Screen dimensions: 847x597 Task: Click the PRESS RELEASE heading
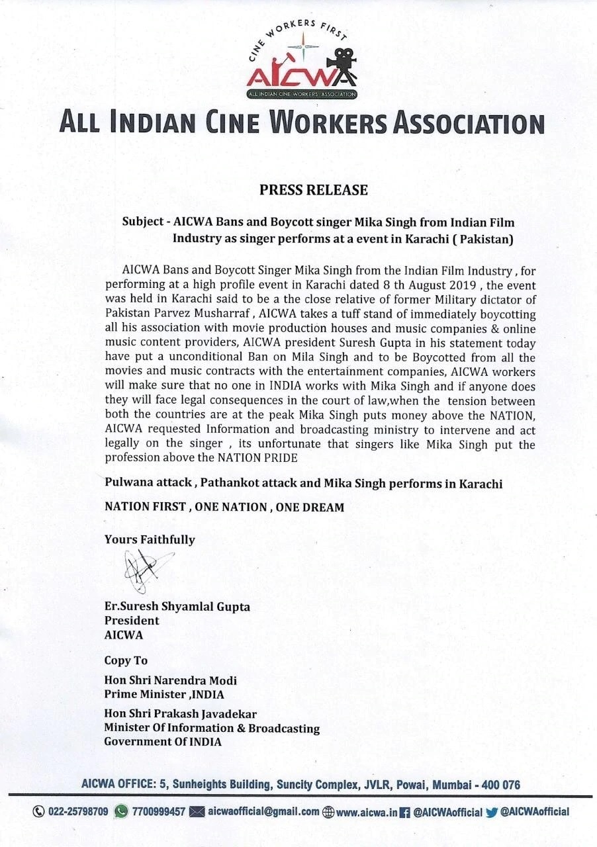pyautogui.click(x=314, y=191)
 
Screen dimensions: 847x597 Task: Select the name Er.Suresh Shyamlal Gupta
pyautogui.click(x=177, y=606)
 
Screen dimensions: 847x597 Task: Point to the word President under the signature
pyautogui.click(x=132, y=621)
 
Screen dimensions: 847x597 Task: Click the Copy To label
pyautogui.click(x=126, y=660)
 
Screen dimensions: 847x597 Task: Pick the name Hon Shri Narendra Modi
pyautogui.click(x=170, y=680)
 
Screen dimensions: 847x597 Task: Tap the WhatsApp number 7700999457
pyautogui.click(x=159, y=812)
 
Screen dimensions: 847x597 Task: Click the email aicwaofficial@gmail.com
pyautogui.click(x=263, y=812)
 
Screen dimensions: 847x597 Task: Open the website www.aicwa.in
pyautogui.click(x=367, y=812)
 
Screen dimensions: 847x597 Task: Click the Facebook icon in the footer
pyautogui.click(x=405, y=812)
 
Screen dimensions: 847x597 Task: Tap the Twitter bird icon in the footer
pyautogui.click(x=491, y=812)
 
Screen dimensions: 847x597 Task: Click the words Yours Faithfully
pyautogui.click(x=150, y=539)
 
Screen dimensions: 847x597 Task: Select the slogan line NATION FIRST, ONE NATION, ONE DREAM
pyautogui.click(x=224, y=508)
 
